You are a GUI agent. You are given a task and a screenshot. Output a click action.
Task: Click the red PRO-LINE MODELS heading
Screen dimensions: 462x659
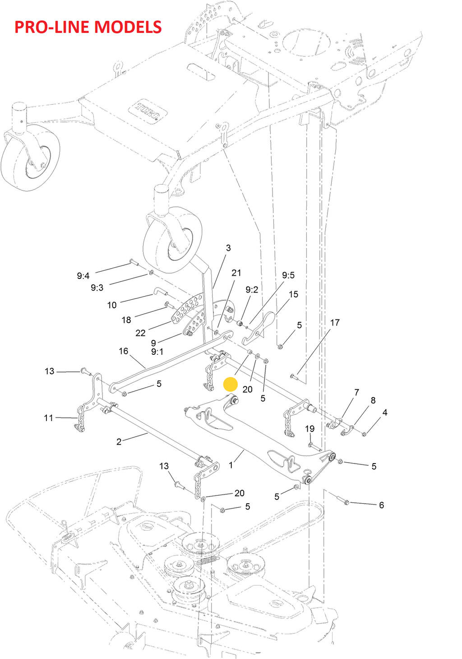(88, 27)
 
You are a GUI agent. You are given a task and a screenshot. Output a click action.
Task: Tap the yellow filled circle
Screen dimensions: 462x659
(230, 385)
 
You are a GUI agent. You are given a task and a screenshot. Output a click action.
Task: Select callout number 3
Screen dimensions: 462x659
(228, 248)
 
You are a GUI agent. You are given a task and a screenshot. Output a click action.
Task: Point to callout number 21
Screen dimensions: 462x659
(236, 273)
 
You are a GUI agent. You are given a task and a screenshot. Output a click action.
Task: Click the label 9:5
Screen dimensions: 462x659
(288, 275)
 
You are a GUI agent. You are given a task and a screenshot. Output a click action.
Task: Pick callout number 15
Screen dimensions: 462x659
(294, 294)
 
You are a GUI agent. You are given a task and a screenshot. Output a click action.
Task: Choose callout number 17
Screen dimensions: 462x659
(335, 322)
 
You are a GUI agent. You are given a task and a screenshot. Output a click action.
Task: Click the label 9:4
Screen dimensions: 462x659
(83, 276)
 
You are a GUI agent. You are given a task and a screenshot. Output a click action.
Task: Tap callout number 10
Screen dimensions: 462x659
(112, 305)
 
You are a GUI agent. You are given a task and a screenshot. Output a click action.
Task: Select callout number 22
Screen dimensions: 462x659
(140, 333)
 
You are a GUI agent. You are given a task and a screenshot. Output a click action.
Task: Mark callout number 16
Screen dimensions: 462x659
(124, 351)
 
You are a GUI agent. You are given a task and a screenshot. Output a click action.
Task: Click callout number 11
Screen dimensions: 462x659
(49, 418)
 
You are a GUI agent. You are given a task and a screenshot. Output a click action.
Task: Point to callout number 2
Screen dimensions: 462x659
(119, 441)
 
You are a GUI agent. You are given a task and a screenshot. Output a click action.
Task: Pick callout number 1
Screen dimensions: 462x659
(231, 465)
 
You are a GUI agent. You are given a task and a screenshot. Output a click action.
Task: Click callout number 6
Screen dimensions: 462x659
(381, 505)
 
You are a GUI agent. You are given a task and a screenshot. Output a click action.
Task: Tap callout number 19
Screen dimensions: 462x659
(310, 429)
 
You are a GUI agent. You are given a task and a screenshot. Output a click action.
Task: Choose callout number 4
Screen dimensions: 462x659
(385, 412)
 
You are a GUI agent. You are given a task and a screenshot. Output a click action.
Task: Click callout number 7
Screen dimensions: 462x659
(356, 392)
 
